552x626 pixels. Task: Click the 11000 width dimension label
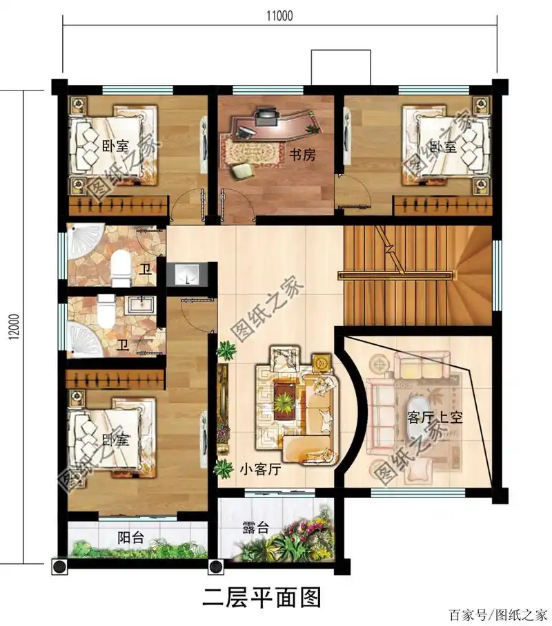[x=279, y=16]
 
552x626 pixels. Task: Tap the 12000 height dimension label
[x=14, y=327]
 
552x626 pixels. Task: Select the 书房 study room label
[x=302, y=155]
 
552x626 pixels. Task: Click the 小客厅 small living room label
[x=260, y=468]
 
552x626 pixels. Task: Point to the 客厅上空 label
[x=435, y=417]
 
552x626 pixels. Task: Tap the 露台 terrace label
[x=256, y=528]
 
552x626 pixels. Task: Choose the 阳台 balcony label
[x=130, y=538]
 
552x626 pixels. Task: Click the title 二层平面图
[x=262, y=598]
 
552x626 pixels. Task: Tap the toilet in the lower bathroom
[x=106, y=312]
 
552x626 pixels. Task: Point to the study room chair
[x=242, y=171]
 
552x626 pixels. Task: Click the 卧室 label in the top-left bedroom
[x=116, y=146]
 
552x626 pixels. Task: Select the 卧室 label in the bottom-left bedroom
[x=116, y=440]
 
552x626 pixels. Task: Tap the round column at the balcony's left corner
[x=60, y=567]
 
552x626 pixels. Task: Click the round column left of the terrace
[x=215, y=567]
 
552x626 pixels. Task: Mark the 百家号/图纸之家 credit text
[x=498, y=615]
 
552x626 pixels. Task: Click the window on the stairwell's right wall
[x=497, y=276]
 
